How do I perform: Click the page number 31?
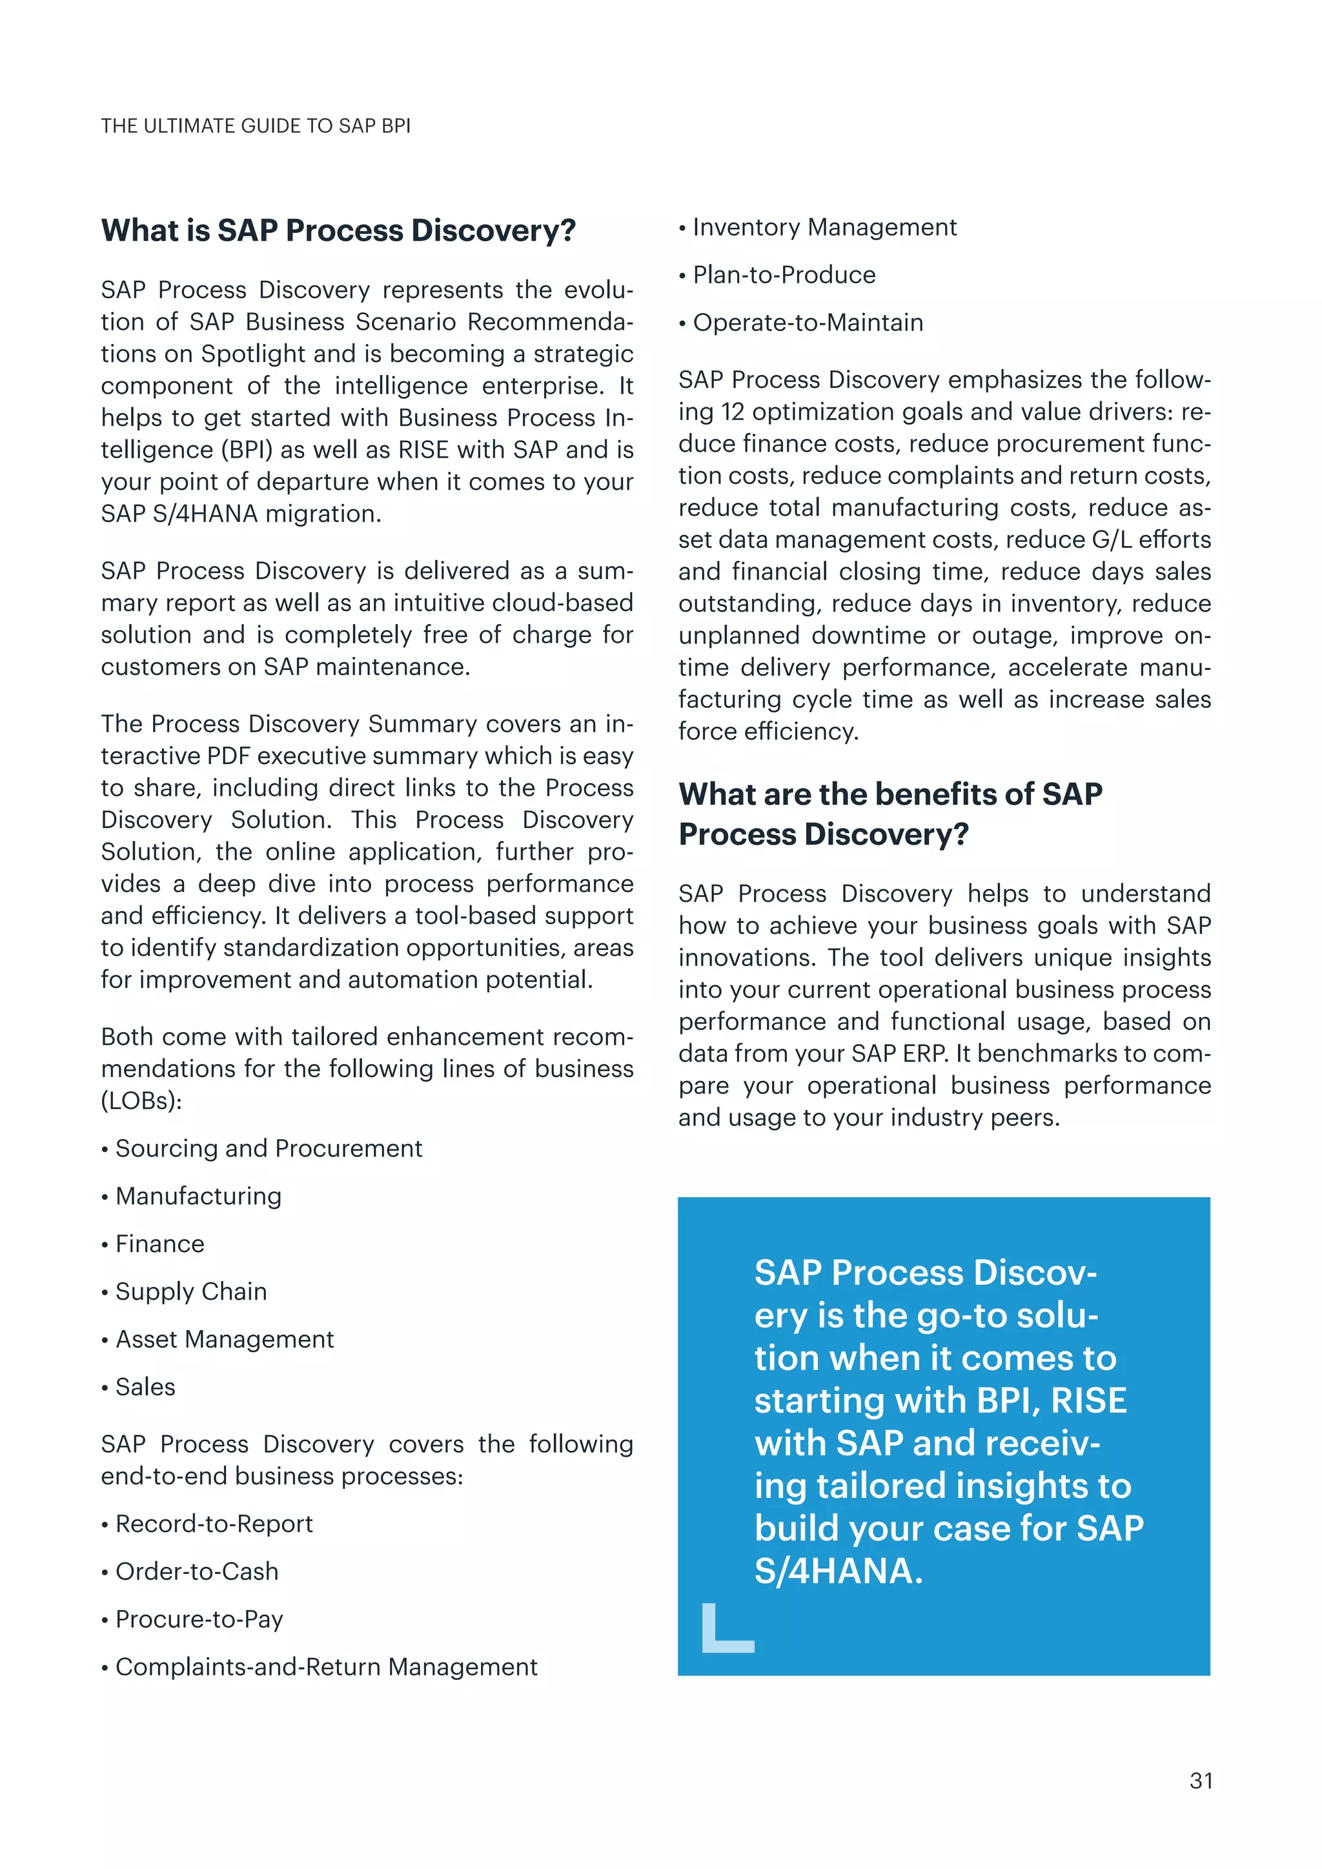pyautogui.click(x=1201, y=1781)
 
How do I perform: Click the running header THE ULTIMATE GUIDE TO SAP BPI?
pyautogui.click(x=256, y=126)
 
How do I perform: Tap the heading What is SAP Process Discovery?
pyautogui.click(x=338, y=230)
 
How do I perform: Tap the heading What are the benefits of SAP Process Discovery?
pyautogui.click(x=891, y=813)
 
